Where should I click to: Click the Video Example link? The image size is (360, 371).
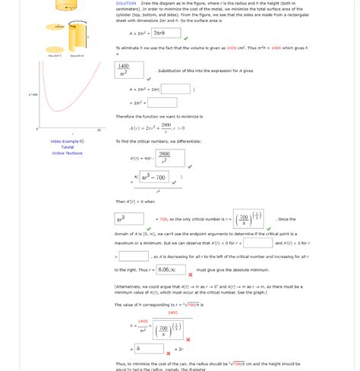pos(67,141)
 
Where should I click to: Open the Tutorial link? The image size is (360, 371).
pos(68,147)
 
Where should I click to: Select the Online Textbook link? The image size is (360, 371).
pos(68,153)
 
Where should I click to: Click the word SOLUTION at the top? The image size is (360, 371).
pos(126,4)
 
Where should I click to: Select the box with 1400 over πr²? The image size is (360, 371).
pos(124,70)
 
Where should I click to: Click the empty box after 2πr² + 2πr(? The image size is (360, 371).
pos(175,89)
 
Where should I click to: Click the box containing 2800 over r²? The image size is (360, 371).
pos(165,158)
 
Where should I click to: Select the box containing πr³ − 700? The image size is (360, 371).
pos(153,180)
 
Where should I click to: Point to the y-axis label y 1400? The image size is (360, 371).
pos(33,95)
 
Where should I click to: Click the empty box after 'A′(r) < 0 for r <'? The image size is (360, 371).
pos(258,244)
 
